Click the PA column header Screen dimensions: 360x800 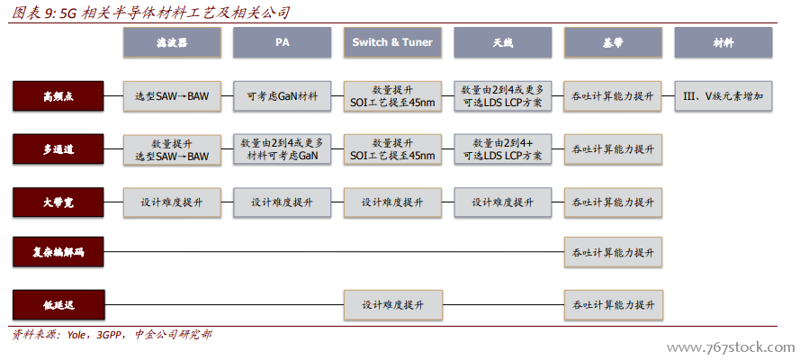pos(282,42)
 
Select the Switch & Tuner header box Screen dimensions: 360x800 pos(392,42)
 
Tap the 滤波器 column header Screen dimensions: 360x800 pos(172,42)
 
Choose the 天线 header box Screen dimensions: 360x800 pos(502,42)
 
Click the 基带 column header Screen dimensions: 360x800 pos(613,42)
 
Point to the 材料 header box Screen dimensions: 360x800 pos(723,42)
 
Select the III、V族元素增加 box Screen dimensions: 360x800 pos(723,95)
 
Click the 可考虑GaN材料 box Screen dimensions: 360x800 pos(282,95)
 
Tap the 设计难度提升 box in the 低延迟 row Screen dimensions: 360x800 pos(392,304)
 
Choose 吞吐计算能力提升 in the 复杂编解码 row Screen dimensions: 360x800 pos(613,251)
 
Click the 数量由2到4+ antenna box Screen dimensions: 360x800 pos(502,148)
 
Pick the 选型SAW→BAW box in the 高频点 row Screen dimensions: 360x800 pos(172,95)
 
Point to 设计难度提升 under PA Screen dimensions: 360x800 pos(282,202)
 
